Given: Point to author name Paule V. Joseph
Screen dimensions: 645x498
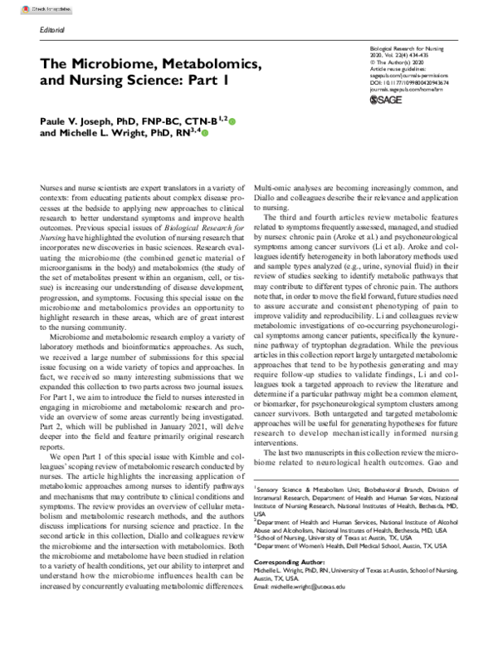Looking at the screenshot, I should [x=82, y=121].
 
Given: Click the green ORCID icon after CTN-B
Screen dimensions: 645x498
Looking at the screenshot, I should [x=232, y=121].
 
